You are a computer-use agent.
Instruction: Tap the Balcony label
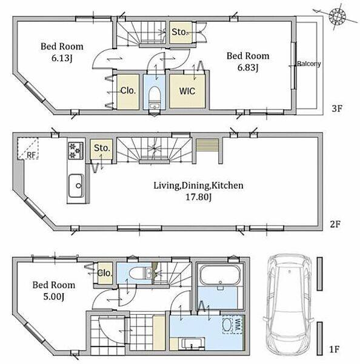click(x=308, y=64)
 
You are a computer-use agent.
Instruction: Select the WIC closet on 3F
click(x=187, y=91)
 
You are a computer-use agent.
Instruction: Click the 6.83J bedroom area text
click(x=248, y=68)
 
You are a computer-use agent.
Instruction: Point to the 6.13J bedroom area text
click(x=62, y=58)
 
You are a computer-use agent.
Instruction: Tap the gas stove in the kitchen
click(x=76, y=150)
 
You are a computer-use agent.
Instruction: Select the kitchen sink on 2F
click(x=76, y=186)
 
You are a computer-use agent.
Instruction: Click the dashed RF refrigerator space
click(x=28, y=149)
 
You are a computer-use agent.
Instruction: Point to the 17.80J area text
click(x=199, y=197)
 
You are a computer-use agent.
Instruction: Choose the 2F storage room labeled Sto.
click(x=101, y=149)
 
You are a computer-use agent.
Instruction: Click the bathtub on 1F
click(x=220, y=275)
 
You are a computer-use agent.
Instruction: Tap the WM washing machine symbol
click(x=232, y=325)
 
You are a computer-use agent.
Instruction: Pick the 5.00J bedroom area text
click(x=53, y=297)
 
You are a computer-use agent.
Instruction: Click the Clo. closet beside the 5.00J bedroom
click(x=105, y=273)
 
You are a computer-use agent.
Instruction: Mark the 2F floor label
click(x=335, y=224)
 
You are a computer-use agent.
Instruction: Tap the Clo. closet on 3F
click(x=128, y=92)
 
